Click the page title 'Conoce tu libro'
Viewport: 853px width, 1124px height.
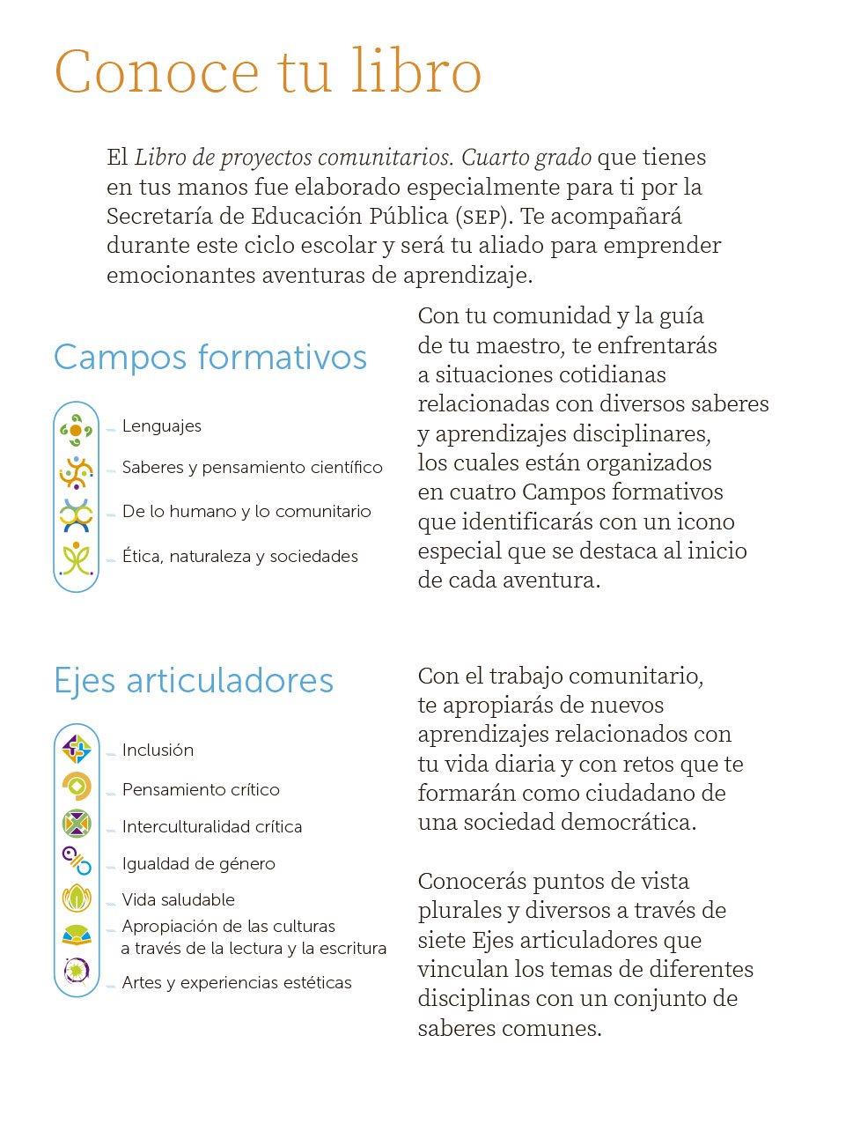(268, 72)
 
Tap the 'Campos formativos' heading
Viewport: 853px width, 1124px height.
(210, 358)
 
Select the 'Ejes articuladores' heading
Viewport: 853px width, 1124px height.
(194, 681)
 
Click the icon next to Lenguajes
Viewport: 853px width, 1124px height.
(77, 430)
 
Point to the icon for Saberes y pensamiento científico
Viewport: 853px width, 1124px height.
(77, 472)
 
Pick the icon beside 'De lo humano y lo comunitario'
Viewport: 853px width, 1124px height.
(77, 515)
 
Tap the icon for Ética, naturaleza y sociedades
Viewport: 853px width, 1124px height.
(77, 558)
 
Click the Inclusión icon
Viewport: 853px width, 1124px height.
(77, 750)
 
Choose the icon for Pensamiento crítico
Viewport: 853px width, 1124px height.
(77, 786)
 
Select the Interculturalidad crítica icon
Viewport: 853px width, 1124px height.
(77, 824)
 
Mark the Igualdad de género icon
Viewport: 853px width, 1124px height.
(77, 861)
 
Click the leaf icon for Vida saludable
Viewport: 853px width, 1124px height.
(77, 898)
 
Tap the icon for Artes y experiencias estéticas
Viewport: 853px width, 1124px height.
(77, 971)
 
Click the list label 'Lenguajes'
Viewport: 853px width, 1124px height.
(162, 426)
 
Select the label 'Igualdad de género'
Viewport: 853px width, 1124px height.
(199, 864)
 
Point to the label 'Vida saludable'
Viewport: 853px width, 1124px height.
(179, 900)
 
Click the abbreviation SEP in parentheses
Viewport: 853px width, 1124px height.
(482, 218)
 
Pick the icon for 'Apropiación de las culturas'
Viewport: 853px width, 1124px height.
(77, 935)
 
